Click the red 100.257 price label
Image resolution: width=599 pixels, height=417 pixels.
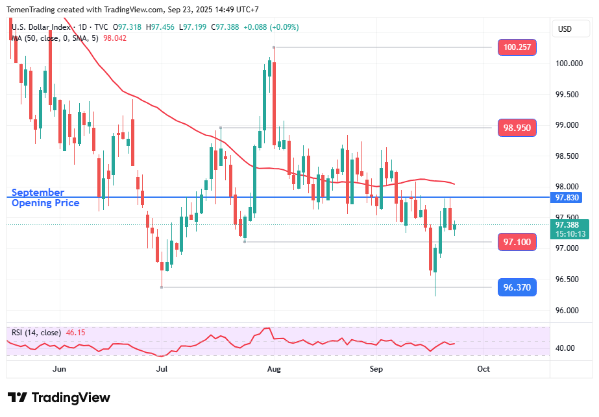click(x=517, y=47)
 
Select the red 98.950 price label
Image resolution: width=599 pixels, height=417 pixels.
click(x=517, y=128)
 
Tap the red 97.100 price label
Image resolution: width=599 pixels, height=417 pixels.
click(x=517, y=242)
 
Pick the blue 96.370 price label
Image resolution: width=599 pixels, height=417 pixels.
click(x=517, y=287)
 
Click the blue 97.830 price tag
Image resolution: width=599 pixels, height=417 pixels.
click(x=569, y=197)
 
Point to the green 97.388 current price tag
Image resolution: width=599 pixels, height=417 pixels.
click(x=569, y=225)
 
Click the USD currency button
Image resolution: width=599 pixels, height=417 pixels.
click(x=565, y=29)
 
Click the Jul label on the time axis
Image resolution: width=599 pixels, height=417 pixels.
click(x=162, y=368)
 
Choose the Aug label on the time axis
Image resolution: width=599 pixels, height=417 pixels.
click(x=274, y=368)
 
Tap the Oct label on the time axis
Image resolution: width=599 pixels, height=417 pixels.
click(x=483, y=368)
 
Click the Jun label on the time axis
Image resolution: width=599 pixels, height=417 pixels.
click(x=59, y=368)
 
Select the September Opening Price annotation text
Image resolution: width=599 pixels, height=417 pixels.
click(x=45, y=198)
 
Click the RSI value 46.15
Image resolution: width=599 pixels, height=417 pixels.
click(x=75, y=333)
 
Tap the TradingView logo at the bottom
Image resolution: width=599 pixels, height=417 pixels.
click(x=59, y=398)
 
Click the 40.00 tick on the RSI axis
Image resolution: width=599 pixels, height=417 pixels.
click(x=565, y=348)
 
